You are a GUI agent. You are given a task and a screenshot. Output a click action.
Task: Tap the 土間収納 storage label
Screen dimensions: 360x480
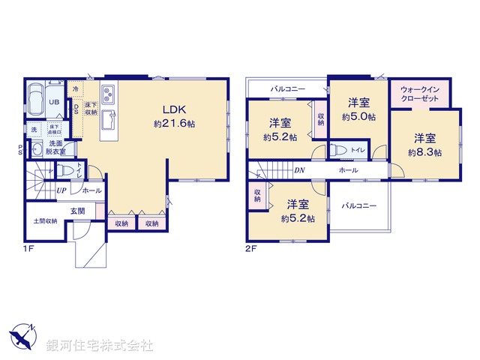(x=45, y=220)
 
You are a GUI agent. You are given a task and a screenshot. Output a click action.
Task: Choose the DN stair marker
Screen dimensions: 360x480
(x=298, y=170)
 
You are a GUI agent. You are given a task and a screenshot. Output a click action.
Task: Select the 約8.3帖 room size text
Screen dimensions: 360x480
(x=424, y=151)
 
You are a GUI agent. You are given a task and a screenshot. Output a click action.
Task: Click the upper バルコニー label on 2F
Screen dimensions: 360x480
(x=287, y=90)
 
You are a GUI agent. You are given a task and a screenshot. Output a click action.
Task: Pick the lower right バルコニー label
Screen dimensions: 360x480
(x=359, y=205)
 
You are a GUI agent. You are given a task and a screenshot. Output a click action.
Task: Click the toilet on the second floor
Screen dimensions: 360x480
(x=340, y=150)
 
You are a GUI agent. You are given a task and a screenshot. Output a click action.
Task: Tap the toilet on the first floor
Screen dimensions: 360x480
(x=65, y=169)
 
